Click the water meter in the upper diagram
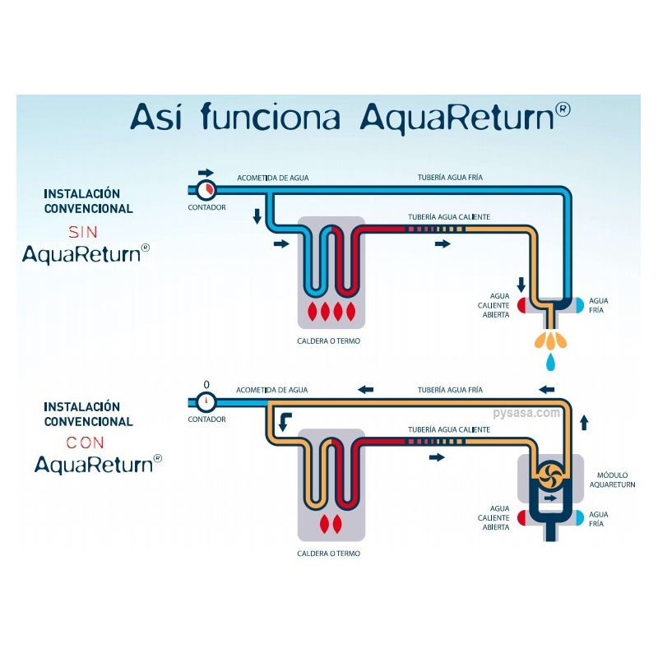[206, 190]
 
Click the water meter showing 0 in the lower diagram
[206, 401]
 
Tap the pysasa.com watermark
[526, 413]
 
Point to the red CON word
[86, 443]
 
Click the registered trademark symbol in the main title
[563, 110]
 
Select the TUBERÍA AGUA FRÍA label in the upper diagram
[450, 178]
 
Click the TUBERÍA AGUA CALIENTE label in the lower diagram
[449, 429]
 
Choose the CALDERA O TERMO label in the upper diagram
[328, 341]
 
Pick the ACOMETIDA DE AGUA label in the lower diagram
[271, 390]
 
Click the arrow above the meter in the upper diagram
[206, 173]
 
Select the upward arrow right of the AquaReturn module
[584, 423]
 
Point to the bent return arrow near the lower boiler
[284, 421]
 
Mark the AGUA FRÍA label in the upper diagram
[598, 306]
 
